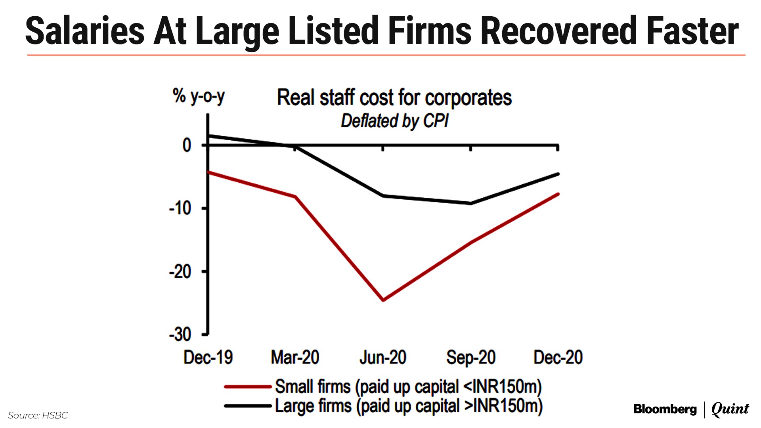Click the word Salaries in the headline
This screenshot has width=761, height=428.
pyautogui.click(x=85, y=31)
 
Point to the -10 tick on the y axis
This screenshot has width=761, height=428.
pyautogui.click(x=180, y=208)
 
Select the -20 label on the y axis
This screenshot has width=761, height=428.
pyautogui.click(x=180, y=272)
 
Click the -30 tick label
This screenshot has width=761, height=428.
pyautogui.click(x=180, y=335)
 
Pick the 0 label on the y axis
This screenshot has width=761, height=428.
pyautogui.click(x=187, y=145)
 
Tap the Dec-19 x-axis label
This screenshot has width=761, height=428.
pyautogui.click(x=208, y=357)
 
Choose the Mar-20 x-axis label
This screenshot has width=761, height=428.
pyautogui.click(x=295, y=357)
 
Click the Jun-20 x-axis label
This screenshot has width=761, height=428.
pyautogui.click(x=383, y=357)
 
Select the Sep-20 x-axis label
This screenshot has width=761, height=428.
pyautogui.click(x=471, y=357)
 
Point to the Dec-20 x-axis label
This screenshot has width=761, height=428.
pyautogui.click(x=558, y=357)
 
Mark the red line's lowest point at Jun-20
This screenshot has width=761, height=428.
pyautogui.click(x=383, y=300)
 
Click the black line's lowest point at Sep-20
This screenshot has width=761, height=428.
pyautogui.click(x=471, y=203)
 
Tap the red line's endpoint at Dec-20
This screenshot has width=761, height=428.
pyautogui.click(x=558, y=194)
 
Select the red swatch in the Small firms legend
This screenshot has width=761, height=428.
pyautogui.click(x=248, y=386)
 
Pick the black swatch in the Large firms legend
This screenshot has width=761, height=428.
pyautogui.click(x=248, y=406)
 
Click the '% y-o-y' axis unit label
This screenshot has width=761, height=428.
pyautogui.click(x=199, y=96)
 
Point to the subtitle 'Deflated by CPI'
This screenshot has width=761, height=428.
pyautogui.click(x=394, y=121)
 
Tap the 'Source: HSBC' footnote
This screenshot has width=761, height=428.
pyautogui.click(x=38, y=415)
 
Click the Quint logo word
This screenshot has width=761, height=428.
pyautogui.click(x=730, y=409)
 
